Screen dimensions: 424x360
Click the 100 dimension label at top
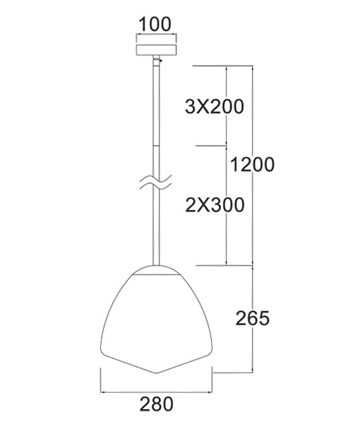pyautogui.click(x=155, y=23)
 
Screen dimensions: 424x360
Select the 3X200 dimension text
pyautogui.click(x=213, y=107)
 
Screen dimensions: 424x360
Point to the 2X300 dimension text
pyautogui.click(x=213, y=205)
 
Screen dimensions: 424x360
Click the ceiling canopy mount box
pyautogui.click(x=155, y=52)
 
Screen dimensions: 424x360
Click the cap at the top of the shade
pyautogui.click(x=155, y=269)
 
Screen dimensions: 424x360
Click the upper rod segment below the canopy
pyautogui.click(x=155, y=106)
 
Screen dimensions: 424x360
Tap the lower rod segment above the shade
pyautogui.click(x=155, y=233)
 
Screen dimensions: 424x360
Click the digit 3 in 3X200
pyautogui.click(x=189, y=107)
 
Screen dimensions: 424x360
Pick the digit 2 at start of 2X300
pyautogui.click(x=189, y=205)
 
